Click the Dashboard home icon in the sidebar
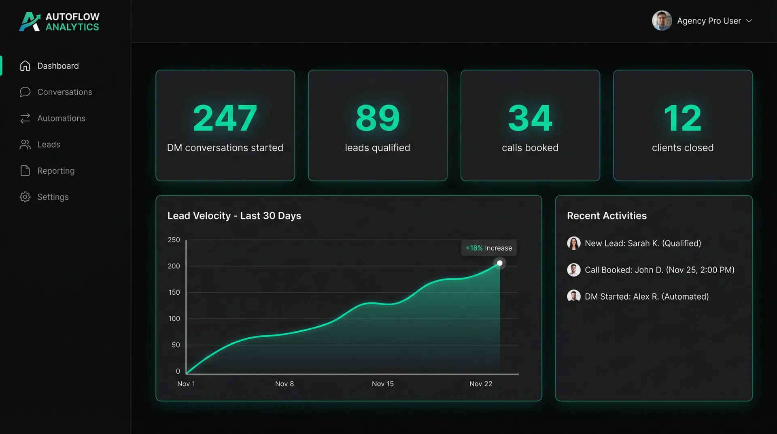(25, 66)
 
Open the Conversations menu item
(64, 92)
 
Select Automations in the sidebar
(61, 118)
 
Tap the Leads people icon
(25, 145)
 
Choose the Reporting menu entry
(56, 171)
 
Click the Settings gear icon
(25, 197)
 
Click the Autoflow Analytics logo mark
(30, 21)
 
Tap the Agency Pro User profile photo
(662, 21)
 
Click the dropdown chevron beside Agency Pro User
(749, 21)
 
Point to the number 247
(225, 118)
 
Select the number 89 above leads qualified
(377, 118)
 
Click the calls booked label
(530, 148)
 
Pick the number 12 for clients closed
(682, 118)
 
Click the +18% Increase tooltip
(488, 248)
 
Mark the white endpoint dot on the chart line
(500, 263)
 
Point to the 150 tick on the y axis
(174, 292)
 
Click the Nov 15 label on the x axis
(382, 384)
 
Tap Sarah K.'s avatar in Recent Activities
(573, 243)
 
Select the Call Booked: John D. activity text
(659, 270)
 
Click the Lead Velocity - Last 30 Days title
(234, 216)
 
